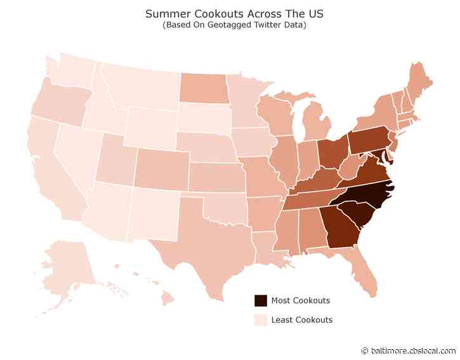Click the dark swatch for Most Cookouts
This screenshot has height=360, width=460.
[x=260, y=300]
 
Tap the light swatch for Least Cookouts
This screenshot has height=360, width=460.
[x=260, y=319]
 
